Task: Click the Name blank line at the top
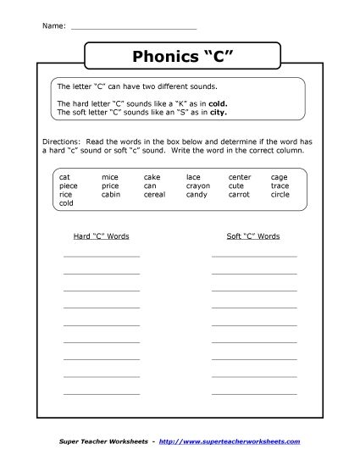[x=134, y=28]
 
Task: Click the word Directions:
[x=59, y=141]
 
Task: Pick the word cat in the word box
[x=64, y=177]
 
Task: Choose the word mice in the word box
[x=109, y=177]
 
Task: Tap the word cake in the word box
[x=152, y=177]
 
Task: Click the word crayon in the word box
[x=198, y=186]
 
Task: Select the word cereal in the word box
[x=155, y=194]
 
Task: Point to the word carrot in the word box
[x=240, y=194]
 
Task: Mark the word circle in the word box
[x=280, y=194]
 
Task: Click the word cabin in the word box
[x=111, y=194]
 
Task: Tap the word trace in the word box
[x=280, y=186]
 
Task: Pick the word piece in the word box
[x=69, y=186]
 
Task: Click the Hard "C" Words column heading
[x=101, y=236]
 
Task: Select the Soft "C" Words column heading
[x=253, y=236]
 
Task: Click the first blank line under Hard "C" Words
[x=102, y=255]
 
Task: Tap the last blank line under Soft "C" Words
[x=254, y=391]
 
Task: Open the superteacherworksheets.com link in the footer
[x=241, y=442]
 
